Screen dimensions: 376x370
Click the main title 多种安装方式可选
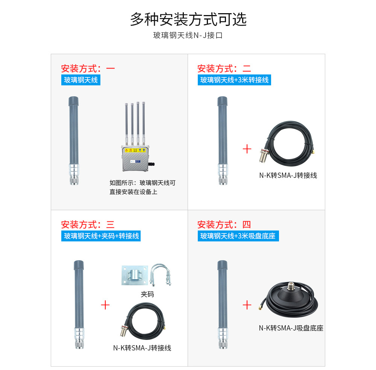click(188, 19)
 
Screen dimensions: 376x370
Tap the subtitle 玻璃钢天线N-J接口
click(188, 35)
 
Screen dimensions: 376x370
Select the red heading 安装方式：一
click(88, 68)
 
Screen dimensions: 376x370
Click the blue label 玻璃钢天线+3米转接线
click(234, 80)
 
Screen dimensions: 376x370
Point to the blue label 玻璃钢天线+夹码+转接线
click(101, 236)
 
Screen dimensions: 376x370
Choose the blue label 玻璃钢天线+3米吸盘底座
click(238, 236)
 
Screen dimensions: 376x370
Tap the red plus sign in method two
click(247, 149)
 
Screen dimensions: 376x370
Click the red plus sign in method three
click(105, 305)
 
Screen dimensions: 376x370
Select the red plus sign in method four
click(247, 305)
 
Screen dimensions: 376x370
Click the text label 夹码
click(147, 294)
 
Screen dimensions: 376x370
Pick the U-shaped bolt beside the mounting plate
click(161, 274)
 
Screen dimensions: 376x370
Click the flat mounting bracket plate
click(135, 275)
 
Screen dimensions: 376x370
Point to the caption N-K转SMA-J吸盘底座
click(291, 328)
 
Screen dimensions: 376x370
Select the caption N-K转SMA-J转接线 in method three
click(142, 348)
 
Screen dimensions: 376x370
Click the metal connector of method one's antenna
click(74, 174)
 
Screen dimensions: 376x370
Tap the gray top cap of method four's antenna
click(222, 265)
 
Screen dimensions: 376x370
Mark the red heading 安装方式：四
click(224, 225)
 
